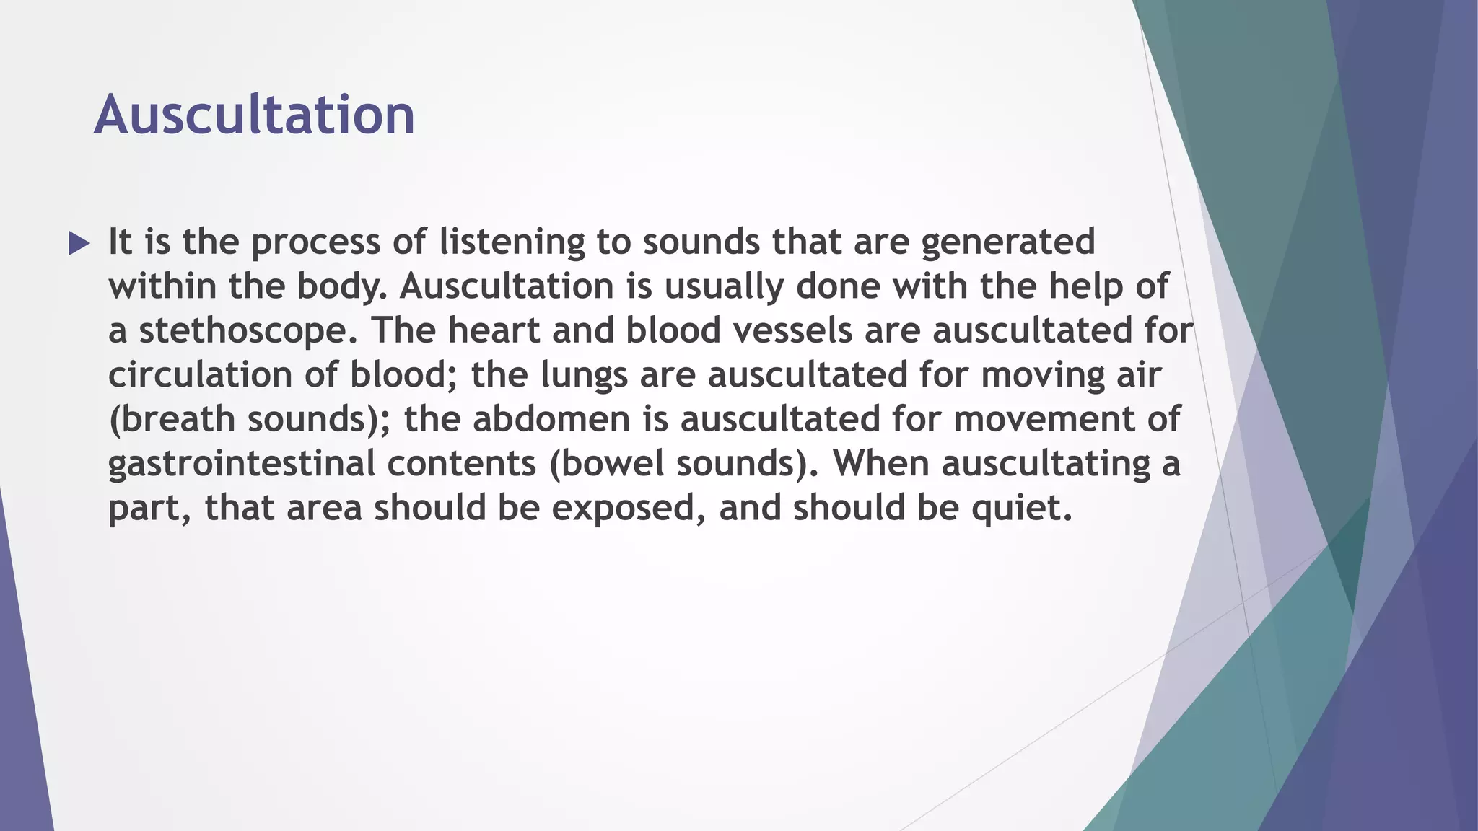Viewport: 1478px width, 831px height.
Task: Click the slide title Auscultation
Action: click(x=254, y=115)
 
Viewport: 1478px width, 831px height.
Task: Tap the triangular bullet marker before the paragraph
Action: click(x=79, y=243)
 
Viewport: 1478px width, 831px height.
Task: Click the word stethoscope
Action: click(x=248, y=331)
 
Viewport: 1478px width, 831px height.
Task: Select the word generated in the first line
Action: click(x=1007, y=242)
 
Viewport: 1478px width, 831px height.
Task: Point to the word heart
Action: click(x=494, y=330)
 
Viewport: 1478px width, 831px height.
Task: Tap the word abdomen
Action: click(x=551, y=420)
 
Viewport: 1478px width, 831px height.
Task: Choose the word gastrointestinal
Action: click(x=241, y=464)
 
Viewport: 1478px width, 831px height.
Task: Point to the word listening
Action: click(x=512, y=242)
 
